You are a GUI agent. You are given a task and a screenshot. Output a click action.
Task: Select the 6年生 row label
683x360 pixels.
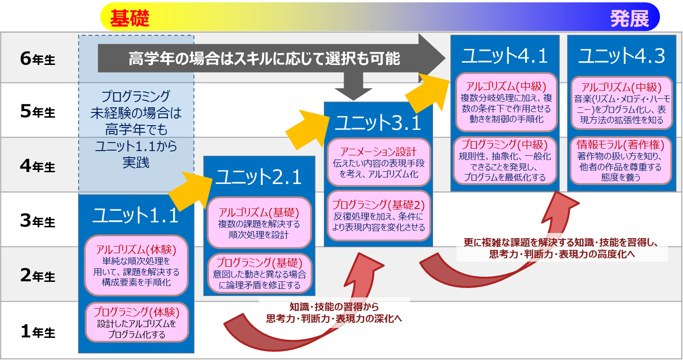[x=38, y=59]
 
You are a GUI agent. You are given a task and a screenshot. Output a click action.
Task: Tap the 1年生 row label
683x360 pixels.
[x=38, y=332]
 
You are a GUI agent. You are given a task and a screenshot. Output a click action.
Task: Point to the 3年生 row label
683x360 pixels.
[x=38, y=221]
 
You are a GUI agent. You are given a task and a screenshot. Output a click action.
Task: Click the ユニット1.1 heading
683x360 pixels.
[x=136, y=216]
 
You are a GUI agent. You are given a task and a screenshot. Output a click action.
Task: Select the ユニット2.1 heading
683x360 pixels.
[x=258, y=177]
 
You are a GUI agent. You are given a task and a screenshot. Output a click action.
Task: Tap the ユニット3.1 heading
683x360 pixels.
[x=378, y=123]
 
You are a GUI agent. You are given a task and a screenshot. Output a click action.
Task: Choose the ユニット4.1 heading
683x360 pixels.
[x=504, y=56]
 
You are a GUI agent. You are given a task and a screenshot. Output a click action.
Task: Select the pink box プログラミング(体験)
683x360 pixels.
[x=137, y=323]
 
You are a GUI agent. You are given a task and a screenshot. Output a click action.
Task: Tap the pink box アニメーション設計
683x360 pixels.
[x=378, y=162]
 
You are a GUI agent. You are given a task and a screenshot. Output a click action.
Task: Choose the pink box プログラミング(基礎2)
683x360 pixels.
[x=378, y=216]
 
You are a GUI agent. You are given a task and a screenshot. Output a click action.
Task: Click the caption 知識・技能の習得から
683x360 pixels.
[x=334, y=307]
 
